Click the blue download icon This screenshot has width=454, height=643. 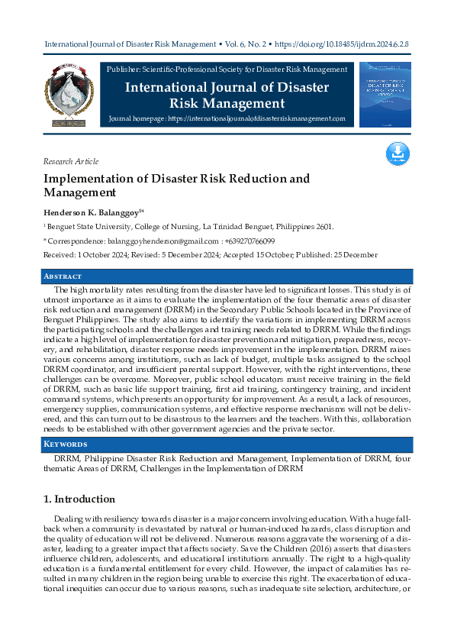398,154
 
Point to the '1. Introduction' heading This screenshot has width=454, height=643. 79,499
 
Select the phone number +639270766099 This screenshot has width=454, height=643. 246,241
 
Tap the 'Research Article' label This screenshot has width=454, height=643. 71,161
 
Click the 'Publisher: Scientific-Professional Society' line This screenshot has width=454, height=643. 228,69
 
